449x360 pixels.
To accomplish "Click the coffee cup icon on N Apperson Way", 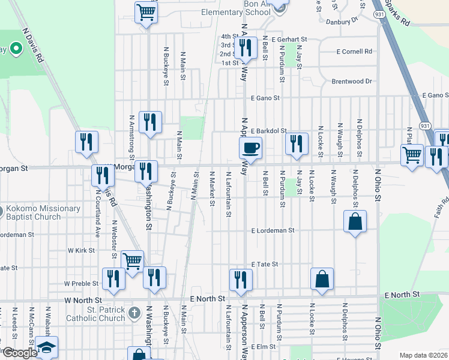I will point(250,147).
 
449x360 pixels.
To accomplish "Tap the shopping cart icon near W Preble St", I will point(132,261).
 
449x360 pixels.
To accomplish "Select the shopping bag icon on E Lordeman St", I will point(355,221).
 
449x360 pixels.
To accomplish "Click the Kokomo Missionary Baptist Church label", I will point(43,212).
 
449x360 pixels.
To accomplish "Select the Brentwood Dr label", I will point(352,81).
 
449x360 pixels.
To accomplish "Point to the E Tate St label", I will point(265,264).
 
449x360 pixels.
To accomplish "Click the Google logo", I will point(20,353).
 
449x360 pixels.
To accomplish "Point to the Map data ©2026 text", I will point(423,355).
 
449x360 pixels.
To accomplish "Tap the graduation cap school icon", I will point(46,348).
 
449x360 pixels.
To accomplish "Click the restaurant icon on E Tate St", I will point(240,280).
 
